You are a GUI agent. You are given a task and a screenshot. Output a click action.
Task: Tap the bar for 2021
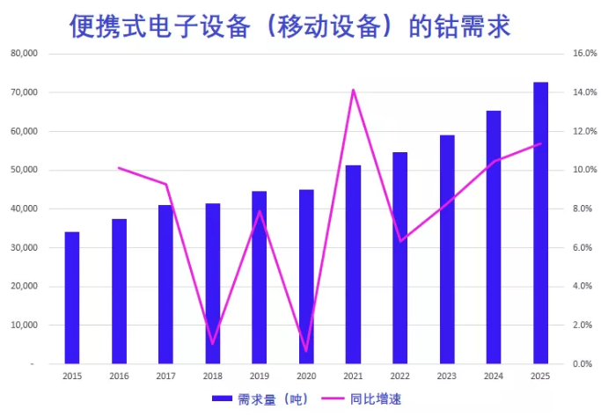click(353, 264)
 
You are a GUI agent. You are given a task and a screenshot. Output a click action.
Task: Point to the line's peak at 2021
click(353, 90)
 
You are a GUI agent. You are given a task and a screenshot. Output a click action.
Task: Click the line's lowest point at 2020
click(306, 351)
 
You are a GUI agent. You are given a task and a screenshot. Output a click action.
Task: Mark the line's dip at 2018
click(213, 344)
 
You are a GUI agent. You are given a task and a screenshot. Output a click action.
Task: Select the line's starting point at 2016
click(119, 168)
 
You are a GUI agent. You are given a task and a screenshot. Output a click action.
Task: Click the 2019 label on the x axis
click(260, 376)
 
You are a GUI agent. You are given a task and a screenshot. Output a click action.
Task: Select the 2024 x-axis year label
click(494, 376)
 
